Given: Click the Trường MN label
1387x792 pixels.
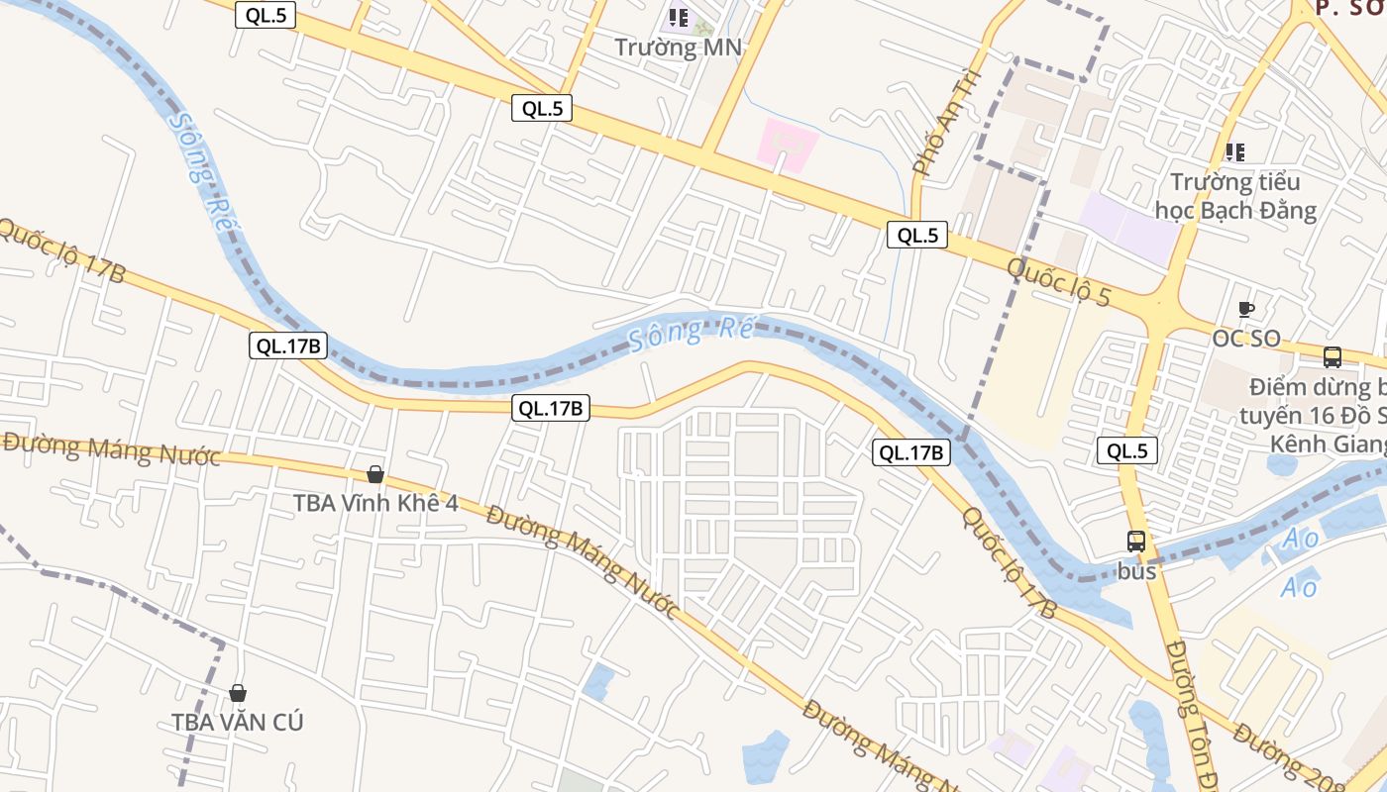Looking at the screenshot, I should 678,47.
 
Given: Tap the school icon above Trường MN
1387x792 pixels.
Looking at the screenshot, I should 679,17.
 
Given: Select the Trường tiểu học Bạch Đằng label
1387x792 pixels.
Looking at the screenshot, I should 1235,196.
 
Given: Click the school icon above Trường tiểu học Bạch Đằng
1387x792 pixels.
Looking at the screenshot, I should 1234,151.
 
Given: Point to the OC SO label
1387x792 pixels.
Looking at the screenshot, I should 1246,339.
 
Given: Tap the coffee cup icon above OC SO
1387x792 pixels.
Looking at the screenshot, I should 1246,310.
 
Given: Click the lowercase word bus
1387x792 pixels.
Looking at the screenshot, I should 1136,571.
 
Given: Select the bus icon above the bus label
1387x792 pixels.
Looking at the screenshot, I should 1136,542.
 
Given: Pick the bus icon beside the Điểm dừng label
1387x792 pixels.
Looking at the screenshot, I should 1333,357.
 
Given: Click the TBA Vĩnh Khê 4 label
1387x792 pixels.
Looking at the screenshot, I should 375,503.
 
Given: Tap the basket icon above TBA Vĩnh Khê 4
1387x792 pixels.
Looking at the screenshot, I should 375,474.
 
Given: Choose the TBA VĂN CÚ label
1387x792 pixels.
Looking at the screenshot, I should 238,722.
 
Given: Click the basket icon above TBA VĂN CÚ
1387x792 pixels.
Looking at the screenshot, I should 238,693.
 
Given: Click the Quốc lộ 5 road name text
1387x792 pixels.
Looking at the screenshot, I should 1059,282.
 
